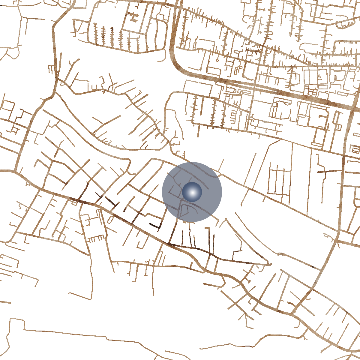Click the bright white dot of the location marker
pos(192,192)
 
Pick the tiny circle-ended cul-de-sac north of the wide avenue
pos(217,60)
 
